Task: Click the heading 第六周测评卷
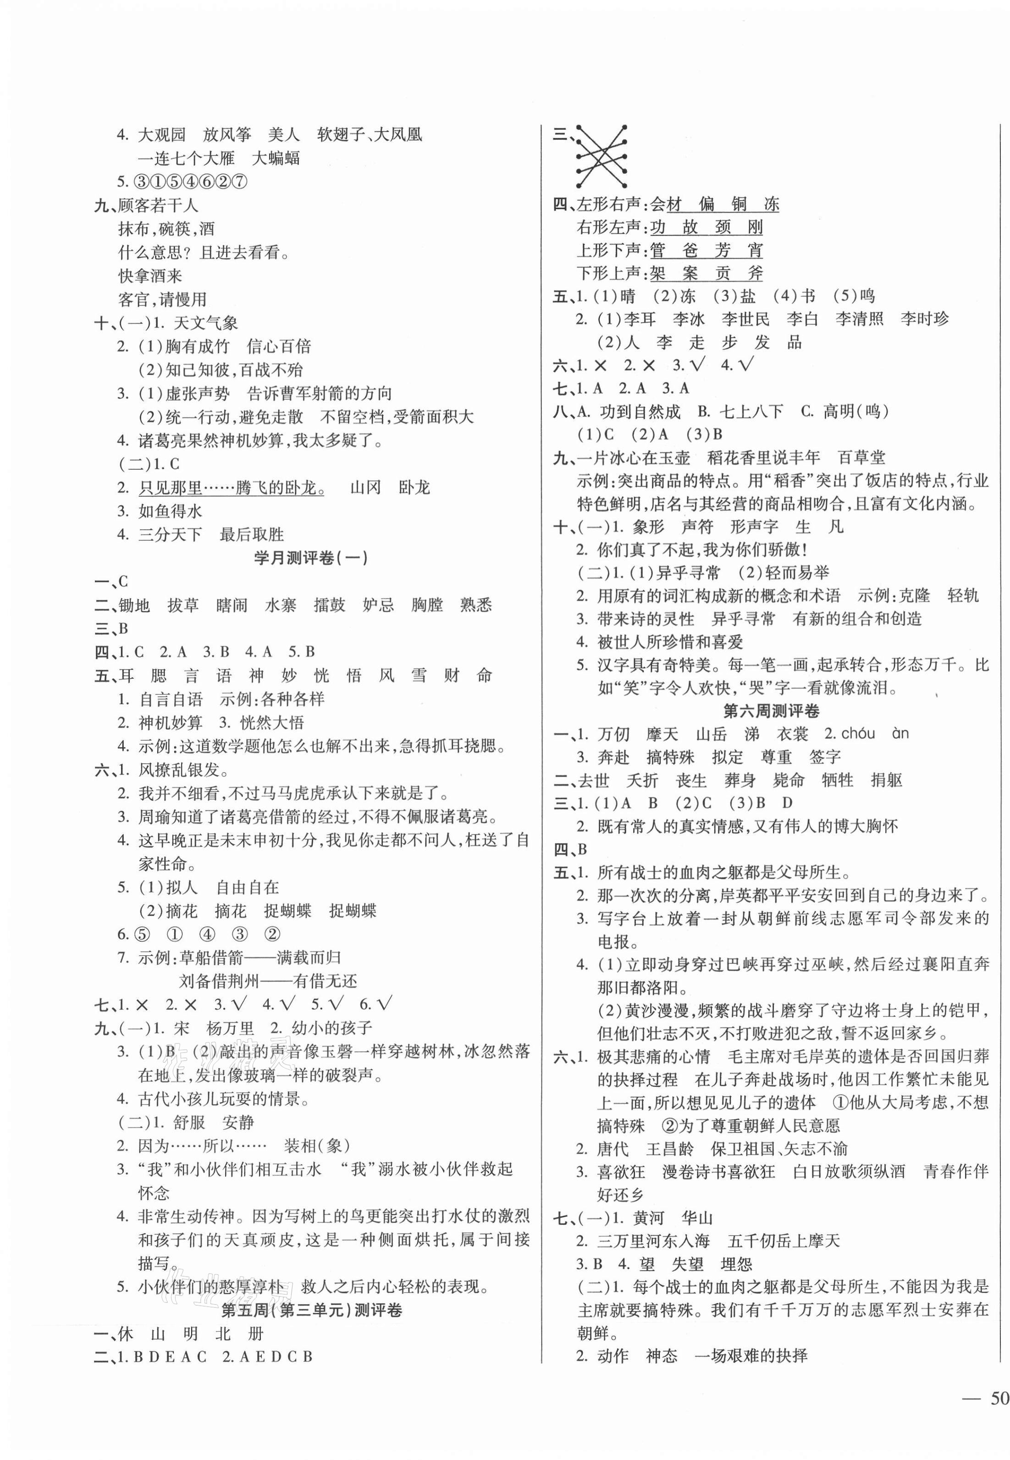tap(770, 711)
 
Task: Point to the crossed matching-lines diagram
tap(601, 156)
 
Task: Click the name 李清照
tap(859, 319)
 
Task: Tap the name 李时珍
tap(924, 319)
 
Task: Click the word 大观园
tap(161, 135)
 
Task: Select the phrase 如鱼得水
tap(170, 511)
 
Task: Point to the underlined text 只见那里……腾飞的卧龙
tap(231, 488)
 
